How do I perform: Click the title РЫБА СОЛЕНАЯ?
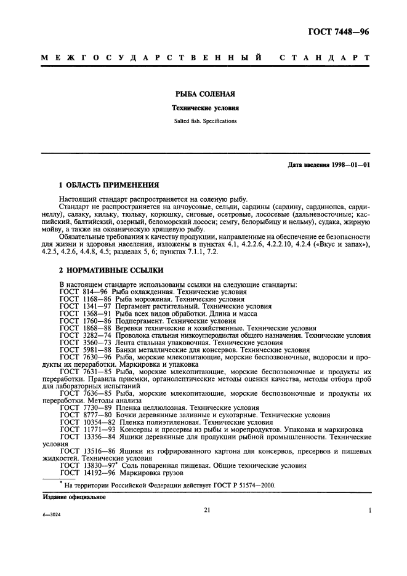pyautogui.click(x=203, y=95)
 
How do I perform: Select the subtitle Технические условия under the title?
pyautogui.click(x=203, y=108)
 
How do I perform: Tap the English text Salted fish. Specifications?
pyautogui.click(x=203, y=121)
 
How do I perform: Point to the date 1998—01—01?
pyautogui.click(x=349, y=165)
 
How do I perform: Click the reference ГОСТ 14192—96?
pyautogui.click(x=84, y=474)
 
